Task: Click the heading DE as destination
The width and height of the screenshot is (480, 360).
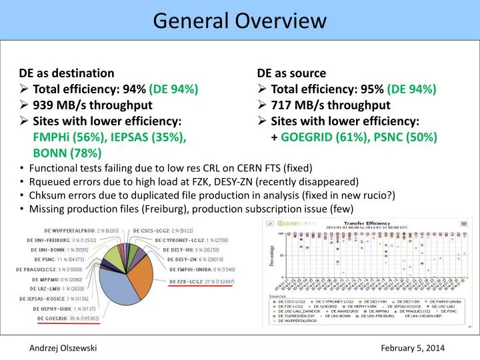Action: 67,73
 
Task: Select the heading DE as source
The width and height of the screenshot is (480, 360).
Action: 291,73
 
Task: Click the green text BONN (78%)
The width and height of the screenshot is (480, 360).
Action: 67,153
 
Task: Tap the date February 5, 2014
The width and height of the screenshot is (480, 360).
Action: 413,348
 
